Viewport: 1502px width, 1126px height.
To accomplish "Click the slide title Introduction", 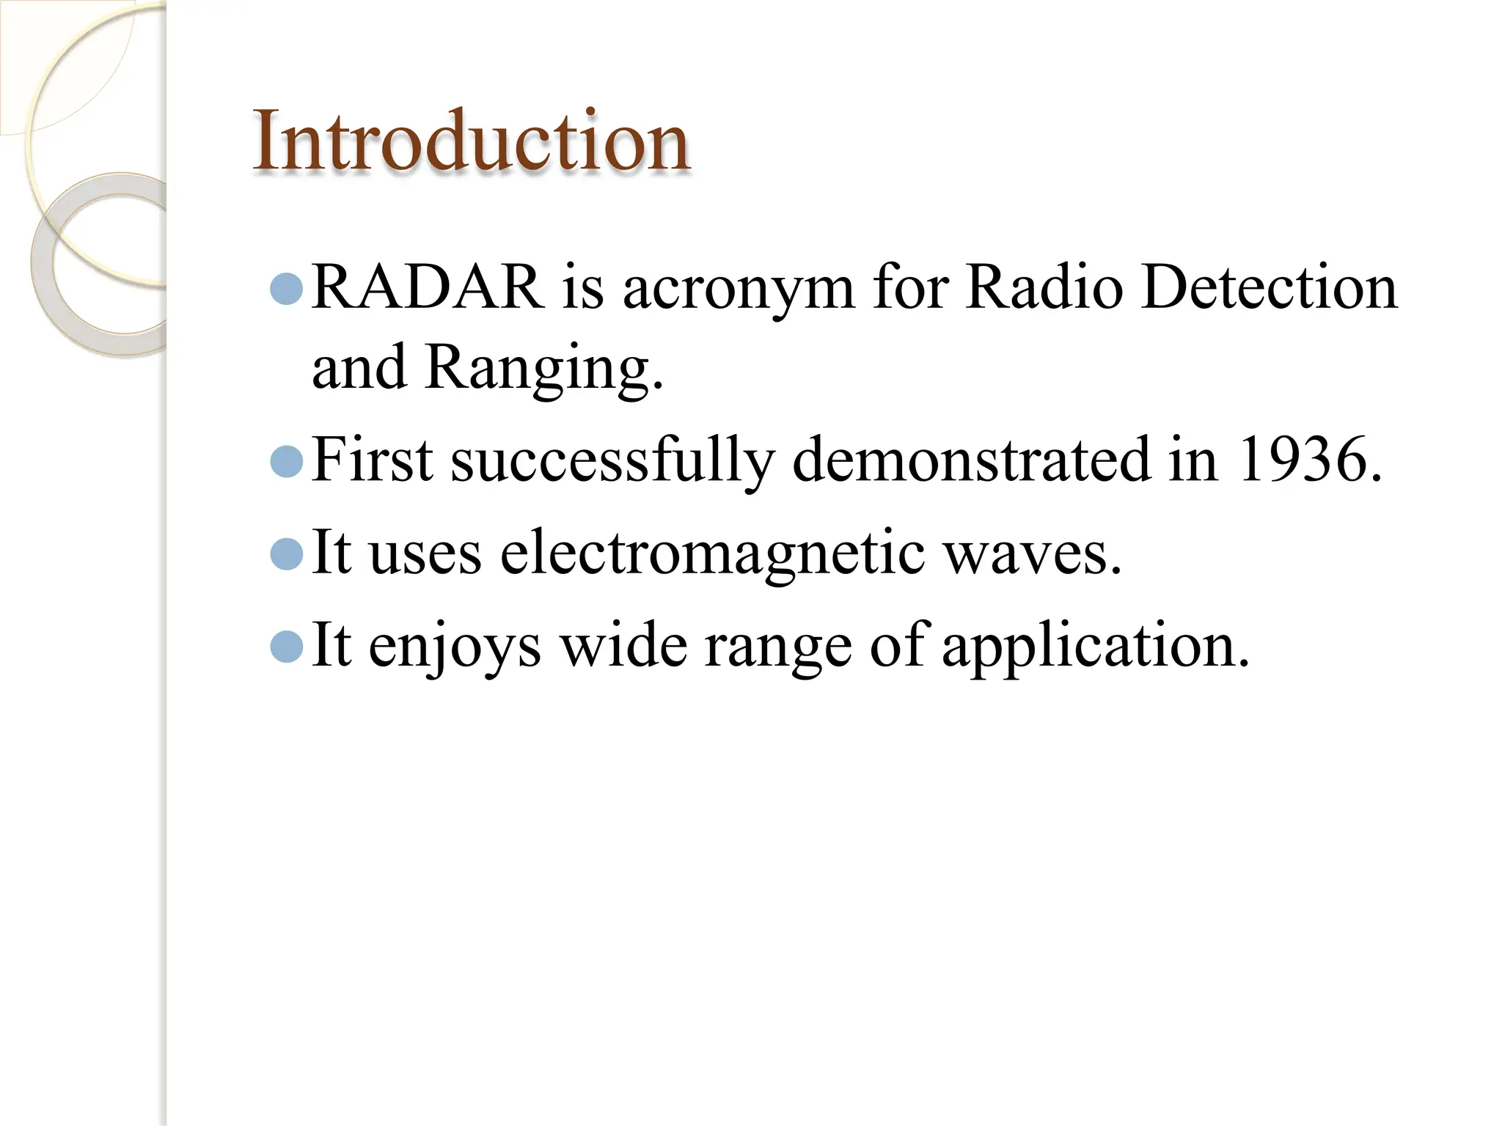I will [471, 141].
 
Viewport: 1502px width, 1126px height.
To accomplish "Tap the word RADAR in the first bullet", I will [428, 287].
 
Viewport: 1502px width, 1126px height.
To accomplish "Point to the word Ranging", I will [543, 368].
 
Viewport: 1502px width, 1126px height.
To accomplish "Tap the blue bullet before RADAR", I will [287, 290].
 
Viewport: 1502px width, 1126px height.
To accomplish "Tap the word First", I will [372, 460].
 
